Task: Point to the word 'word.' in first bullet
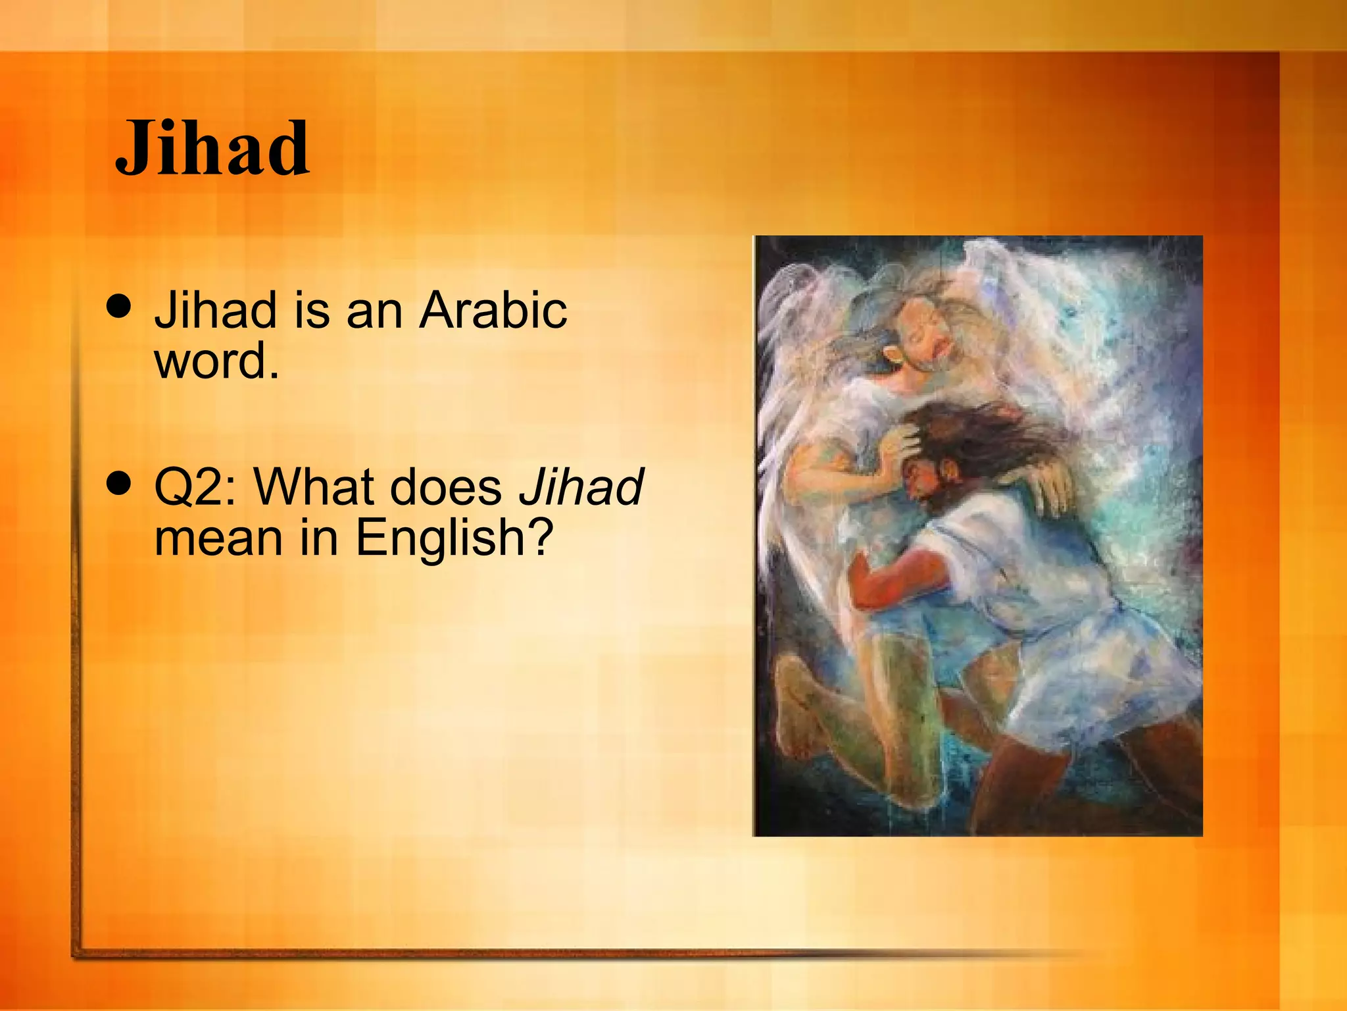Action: pyautogui.click(x=216, y=361)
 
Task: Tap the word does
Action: pyautogui.click(x=446, y=487)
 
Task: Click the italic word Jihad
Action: pyautogui.click(x=581, y=487)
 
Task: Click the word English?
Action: pyautogui.click(x=454, y=538)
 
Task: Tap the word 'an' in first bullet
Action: pyautogui.click(x=374, y=311)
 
